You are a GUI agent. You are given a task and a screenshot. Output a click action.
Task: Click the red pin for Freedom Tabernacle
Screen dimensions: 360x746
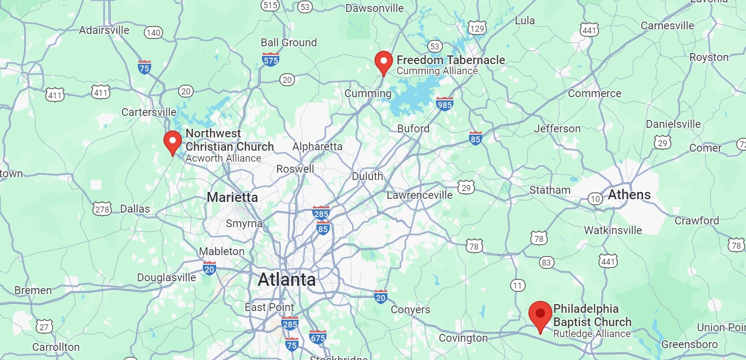pyautogui.click(x=384, y=62)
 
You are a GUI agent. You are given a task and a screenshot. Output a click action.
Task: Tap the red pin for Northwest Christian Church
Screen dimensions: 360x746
pyautogui.click(x=173, y=141)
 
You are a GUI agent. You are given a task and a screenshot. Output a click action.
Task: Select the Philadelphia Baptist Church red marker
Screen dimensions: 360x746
pyautogui.click(x=540, y=314)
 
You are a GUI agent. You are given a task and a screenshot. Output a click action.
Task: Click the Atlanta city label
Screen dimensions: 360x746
pyautogui.click(x=287, y=279)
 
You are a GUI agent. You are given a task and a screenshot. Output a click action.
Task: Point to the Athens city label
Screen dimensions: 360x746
pyautogui.click(x=629, y=195)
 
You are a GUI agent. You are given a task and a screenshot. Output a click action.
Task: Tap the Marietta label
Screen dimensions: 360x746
pyautogui.click(x=232, y=197)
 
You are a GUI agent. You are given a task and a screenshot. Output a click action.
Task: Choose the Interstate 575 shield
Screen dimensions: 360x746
pyautogui.click(x=271, y=60)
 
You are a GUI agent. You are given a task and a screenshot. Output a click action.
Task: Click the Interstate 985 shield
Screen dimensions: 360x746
pyautogui.click(x=445, y=104)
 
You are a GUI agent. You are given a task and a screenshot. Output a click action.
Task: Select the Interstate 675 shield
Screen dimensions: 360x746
pyautogui.click(x=318, y=337)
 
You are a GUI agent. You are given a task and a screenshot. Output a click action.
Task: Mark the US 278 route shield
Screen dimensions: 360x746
pyautogui.click(x=102, y=209)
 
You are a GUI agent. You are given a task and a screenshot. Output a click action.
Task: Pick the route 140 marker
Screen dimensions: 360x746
pyautogui.click(x=153, y=33)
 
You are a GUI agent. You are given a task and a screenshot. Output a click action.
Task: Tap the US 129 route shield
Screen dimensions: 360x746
pyautogui.click(x=477, y=28)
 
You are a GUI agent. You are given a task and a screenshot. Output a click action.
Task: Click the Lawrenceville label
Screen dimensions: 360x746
pyautogui.click(x=419, y=195)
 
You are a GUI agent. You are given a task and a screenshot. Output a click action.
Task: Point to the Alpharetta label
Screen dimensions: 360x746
pyautogui.click(x=317, y=147)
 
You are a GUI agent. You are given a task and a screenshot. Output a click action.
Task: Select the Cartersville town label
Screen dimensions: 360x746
pyautogui.click(x=149, y=112)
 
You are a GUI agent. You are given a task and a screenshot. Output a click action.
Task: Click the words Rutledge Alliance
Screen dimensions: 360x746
pyautogui.click(x=592, y=334)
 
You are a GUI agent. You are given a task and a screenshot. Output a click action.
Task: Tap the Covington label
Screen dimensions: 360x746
pyautogui.click(x=463, y=338)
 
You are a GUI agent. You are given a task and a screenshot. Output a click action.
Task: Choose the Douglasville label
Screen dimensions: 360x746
pyautogui.click(x=167, y=278)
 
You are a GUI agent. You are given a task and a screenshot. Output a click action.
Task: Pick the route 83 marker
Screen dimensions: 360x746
pyautogui.click(x=546, y=262)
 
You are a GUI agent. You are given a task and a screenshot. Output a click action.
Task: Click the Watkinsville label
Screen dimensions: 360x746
pyautogui.click(x=613, y=230)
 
